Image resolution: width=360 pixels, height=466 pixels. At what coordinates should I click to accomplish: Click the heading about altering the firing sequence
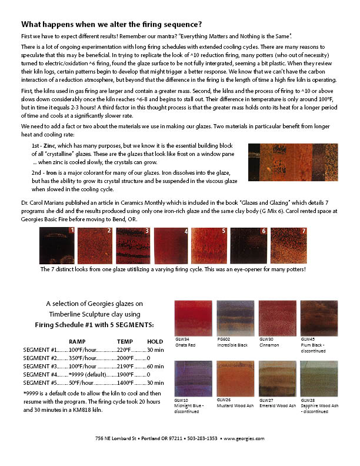point(112,24)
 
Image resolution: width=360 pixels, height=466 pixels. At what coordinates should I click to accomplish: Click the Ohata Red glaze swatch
point(194,318)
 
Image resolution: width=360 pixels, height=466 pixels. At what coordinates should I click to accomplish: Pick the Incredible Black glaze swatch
point(235,318)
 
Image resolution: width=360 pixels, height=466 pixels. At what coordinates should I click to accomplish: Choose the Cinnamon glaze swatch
point(277,318)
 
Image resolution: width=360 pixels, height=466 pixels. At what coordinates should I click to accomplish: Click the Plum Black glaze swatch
point(318,318)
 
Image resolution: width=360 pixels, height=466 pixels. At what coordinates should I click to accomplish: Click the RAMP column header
point(77,341)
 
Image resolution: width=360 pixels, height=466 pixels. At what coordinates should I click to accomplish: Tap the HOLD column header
point(155,341)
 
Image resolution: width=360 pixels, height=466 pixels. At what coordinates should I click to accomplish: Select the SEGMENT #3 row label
point(40,366)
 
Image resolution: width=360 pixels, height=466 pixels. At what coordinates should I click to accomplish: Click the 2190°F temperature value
point(126,366)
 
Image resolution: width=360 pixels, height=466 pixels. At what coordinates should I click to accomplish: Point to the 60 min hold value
point(155,366)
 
